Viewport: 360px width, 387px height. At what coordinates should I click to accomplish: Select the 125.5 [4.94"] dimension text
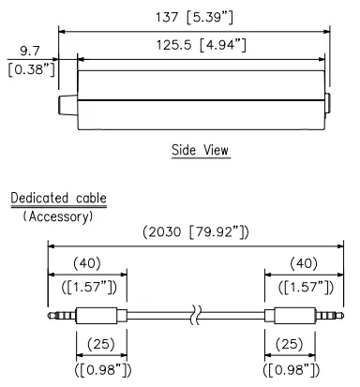click(201, 44)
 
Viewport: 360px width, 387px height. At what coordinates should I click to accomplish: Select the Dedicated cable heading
click(58, 199)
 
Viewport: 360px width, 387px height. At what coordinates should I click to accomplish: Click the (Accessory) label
click(58, 216)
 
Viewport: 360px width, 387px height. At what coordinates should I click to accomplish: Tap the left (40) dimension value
click(87, 263)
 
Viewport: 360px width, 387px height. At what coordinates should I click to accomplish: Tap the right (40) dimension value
click(305, 263)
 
